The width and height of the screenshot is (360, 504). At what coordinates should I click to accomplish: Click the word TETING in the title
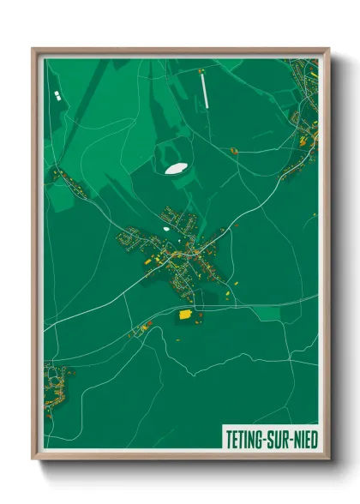pyautogui.click(x=245, y=438)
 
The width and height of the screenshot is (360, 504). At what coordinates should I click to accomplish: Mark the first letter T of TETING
pyautogui.click(x=229, y=438)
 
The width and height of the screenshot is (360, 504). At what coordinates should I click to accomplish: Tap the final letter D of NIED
pyautogui.click(x=313, y=438)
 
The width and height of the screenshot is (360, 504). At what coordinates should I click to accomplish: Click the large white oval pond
pyautogui.click(x=177, y=168)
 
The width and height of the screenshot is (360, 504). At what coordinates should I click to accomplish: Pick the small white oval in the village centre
pyautogui.click(x=165, y=229)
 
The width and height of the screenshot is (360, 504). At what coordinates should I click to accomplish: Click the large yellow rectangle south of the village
pyautogui.click(x=183, y=315)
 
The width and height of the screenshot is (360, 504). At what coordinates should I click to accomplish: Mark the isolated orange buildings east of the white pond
pyautogui.click(x=232, y=151)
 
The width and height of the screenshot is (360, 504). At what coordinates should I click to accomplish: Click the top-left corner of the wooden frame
pyautogui.click(x=33, y=49)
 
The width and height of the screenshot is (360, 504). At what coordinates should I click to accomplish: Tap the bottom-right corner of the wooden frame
pyautogui.click(x=328, y=459)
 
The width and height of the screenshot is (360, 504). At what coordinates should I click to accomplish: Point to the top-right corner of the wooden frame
pyautogui.click(x=328, y=49)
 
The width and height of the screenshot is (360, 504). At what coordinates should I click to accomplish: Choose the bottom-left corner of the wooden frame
pyautogui.click(x=33, y=459)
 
